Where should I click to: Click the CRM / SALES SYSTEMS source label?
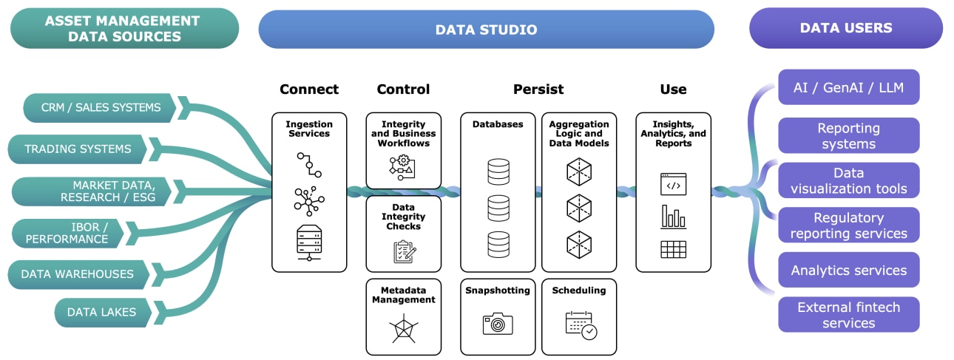(101, 108)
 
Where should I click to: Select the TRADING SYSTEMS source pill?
(78, 149)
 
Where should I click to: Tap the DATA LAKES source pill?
(101, 312)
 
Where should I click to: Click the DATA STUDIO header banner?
(486, 30)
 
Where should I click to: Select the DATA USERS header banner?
(845, 28)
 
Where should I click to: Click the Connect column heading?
(309, 89)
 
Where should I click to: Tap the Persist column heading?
(538, 89)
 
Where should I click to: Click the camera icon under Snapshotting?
(498, 323)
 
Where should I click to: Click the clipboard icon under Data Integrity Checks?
(403, 252)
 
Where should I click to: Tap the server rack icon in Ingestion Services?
(308, 241)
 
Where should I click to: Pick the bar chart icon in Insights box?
(673, 217)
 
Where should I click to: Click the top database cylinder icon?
(498, 172)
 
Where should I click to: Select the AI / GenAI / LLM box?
(848, 88)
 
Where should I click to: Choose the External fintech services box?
(848, 315)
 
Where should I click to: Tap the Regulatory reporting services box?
(848, 225)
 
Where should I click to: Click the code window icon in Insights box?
(673, 184)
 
